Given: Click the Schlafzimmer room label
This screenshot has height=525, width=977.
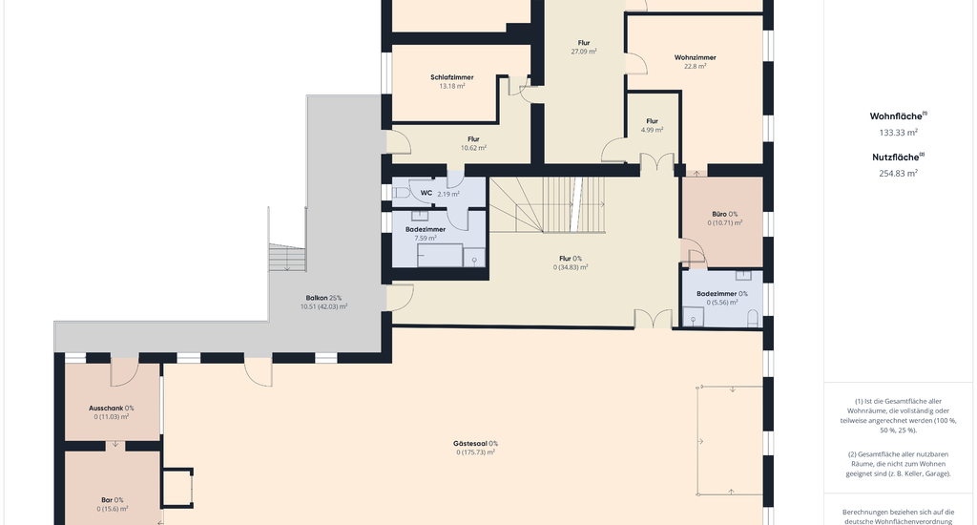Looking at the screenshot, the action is [451, 77].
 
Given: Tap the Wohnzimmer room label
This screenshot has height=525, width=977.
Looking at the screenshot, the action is [695, 57].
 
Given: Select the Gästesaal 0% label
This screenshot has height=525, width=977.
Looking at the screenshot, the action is [475, 444].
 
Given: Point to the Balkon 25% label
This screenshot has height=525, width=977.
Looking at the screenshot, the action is [323, 298].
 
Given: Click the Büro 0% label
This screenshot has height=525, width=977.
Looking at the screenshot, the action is [725, 214].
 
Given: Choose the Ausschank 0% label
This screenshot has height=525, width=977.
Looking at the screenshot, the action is [111, 409].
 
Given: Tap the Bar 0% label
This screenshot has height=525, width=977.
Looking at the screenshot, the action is [113, 500].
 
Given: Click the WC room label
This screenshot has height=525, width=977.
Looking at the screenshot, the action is [426, 193].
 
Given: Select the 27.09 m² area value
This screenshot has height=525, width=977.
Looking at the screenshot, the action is [584, 52].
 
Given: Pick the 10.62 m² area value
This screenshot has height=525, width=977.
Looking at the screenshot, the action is [473, 148].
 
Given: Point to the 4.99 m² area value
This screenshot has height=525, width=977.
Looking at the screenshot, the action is [652, 130].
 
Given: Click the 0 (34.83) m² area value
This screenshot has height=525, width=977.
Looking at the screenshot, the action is [571, 267].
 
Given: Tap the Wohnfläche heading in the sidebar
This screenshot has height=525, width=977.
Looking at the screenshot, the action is [898, 115].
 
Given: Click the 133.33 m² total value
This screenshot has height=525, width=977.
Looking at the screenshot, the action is [899, 133].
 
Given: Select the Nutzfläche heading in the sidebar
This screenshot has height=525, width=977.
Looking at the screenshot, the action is [898, 157].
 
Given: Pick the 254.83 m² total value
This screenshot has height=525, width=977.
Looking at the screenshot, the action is [899, 174].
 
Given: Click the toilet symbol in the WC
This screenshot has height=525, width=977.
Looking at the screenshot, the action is [400, 193].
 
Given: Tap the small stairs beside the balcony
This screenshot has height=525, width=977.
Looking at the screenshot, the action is [287, 258].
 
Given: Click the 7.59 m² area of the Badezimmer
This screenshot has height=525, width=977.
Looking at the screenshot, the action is [426, 239].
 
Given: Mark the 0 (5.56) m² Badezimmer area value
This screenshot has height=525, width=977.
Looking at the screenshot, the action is [722, 303].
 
